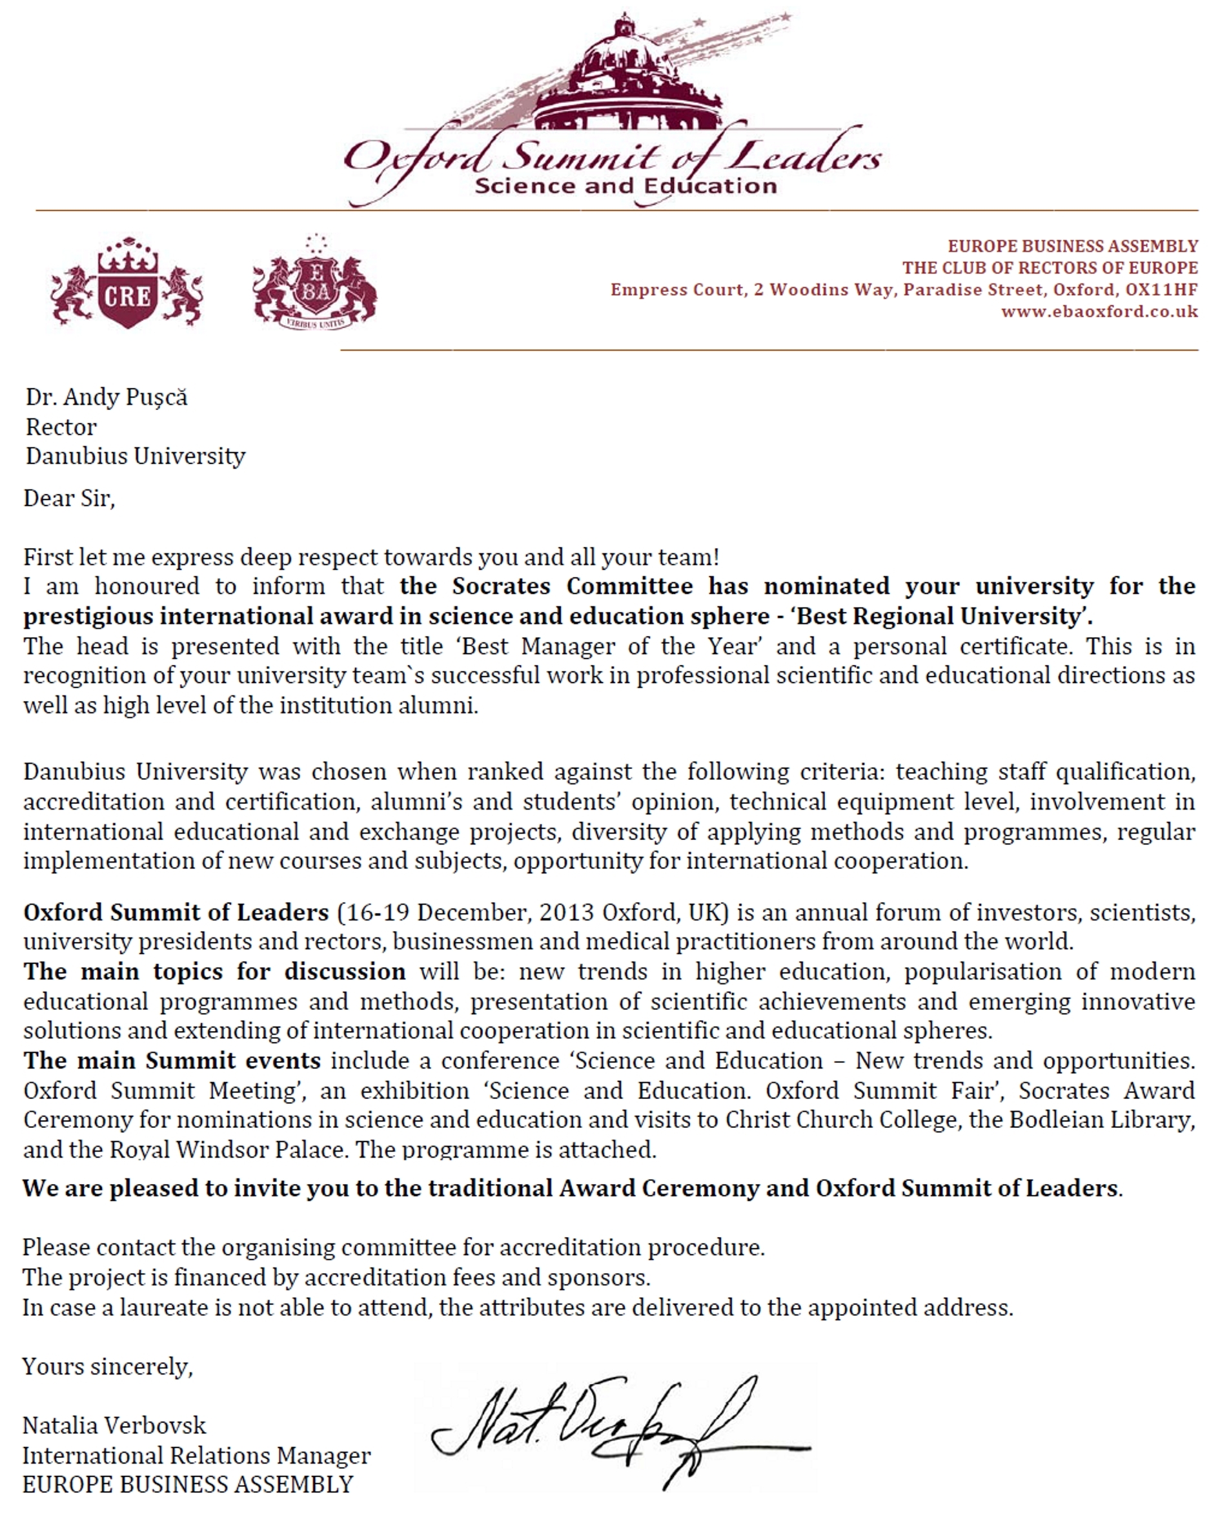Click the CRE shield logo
[x=127, y=284]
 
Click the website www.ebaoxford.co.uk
[x=1099, y=311]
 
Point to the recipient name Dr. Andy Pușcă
[x=107, y=398]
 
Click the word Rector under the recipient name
[x=61, y=427]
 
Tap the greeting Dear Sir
[x=69, y=498]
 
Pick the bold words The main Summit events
[x=172, y=1060]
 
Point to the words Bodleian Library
[x=1101, y=1120]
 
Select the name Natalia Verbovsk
[x=114, y=1425]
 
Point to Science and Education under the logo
[x=625, y=186]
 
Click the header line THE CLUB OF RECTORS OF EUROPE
[x=1050, y=268]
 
